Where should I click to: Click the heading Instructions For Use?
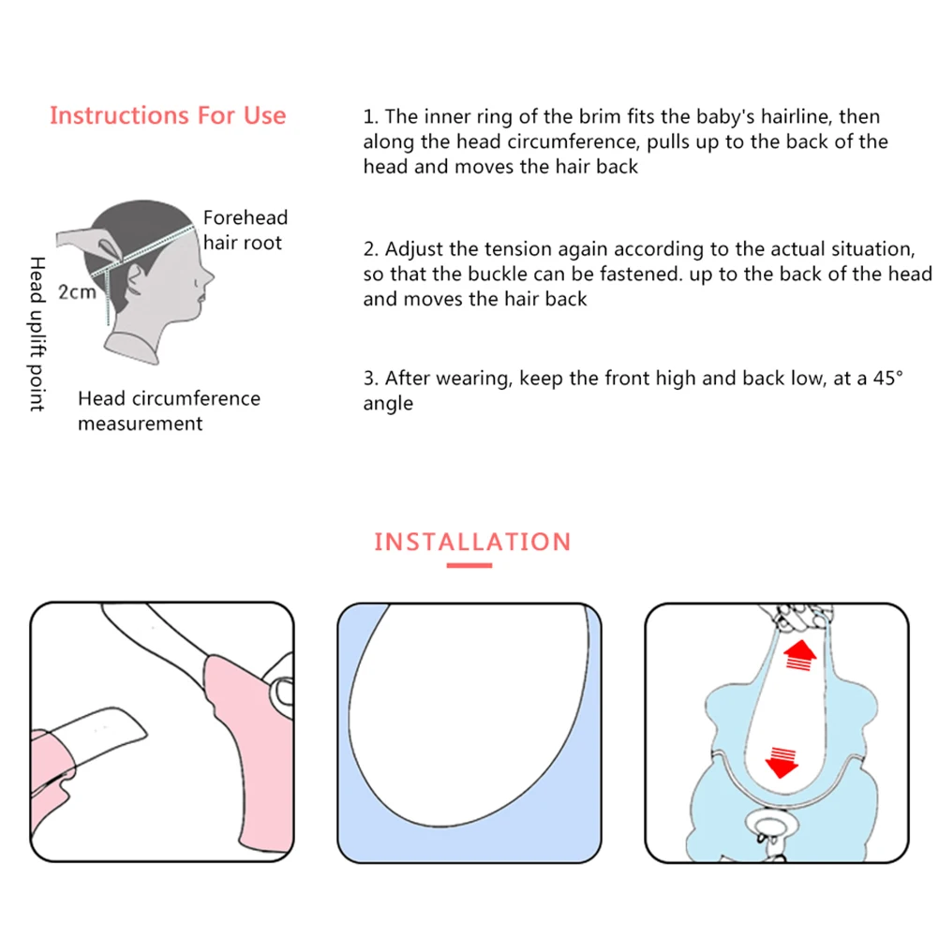(168, 115)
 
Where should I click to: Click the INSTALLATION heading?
(472, 542)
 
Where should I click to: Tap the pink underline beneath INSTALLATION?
(469, 565)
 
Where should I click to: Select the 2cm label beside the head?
(77, 291)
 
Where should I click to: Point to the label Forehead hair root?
(246, 230)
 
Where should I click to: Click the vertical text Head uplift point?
(37, 334)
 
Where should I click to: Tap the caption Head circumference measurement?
(169, 410)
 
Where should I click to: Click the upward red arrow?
(800, 655)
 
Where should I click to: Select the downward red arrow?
(782, 762)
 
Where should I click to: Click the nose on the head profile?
(208, 276)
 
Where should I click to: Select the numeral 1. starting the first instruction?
(371, 116)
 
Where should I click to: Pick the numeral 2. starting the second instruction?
(371, 248)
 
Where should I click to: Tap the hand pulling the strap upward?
(797, 616)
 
